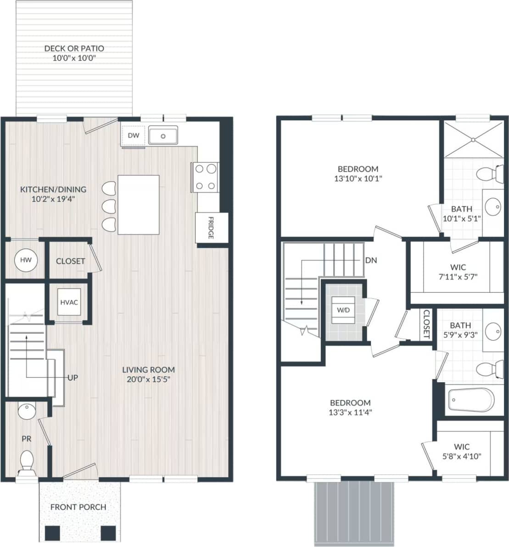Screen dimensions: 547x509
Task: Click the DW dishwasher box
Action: point(133,135)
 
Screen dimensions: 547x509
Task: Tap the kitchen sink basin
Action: point(163,135)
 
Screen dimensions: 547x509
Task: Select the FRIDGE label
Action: point(211,228)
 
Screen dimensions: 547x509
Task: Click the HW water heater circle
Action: point(26,260)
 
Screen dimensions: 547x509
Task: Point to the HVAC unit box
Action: point(69,302)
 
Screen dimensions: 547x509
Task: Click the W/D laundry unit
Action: point(343,310)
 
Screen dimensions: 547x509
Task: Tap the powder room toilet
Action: point(27,461)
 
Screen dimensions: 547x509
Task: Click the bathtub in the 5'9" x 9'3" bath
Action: point(470,400)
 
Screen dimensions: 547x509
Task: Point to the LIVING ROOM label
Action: point(148,369)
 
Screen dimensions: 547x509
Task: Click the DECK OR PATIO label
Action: point(74,48)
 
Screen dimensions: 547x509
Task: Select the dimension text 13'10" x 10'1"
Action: point(358,179)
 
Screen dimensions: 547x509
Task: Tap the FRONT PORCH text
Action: point(78,507)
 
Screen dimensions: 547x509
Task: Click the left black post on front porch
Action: point(53,532)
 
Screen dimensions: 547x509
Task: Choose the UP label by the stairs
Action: point(73,378)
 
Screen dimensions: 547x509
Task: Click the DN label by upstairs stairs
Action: point(371,260)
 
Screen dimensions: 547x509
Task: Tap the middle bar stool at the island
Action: point(108,206)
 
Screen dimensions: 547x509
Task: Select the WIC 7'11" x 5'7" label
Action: point(458,268)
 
